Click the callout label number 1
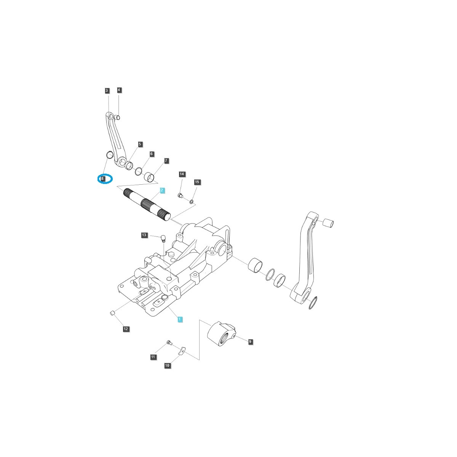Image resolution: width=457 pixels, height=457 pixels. (x=180, y=319)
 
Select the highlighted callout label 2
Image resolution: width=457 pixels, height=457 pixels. (x=162, y=190)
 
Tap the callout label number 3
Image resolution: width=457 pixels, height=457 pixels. (x=107, y=91)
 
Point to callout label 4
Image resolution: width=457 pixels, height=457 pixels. (x=119, y=90)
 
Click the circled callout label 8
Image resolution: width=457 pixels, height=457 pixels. (x=102, y=178)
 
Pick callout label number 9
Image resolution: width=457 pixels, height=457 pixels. (x=250, y=342)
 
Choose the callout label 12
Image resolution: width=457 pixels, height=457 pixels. (x=126, y=329)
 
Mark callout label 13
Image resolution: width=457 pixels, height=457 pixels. (x=144, y=235)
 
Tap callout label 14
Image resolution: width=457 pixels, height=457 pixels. (x=182, y=174)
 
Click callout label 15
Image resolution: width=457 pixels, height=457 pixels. (x=197, y=182)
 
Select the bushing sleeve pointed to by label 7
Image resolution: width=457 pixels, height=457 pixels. (x=150, y=177)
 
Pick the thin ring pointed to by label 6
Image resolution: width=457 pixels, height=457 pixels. (x=139, y=171)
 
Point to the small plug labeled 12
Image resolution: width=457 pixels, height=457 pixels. (x=112, y=313)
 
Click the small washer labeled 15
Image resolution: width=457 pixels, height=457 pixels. (x=192, y=201)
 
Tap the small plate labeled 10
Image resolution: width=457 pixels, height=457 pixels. (x=182, y=350)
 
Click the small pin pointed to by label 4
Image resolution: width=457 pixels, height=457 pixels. (x=118, y=117)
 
